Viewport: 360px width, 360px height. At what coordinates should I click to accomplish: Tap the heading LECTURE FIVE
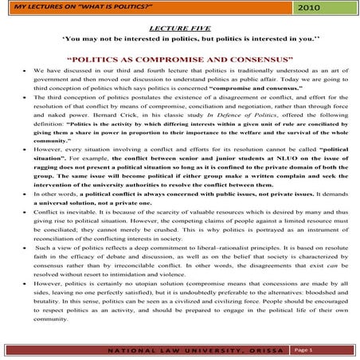pyautogui.click(x=180, y=26)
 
